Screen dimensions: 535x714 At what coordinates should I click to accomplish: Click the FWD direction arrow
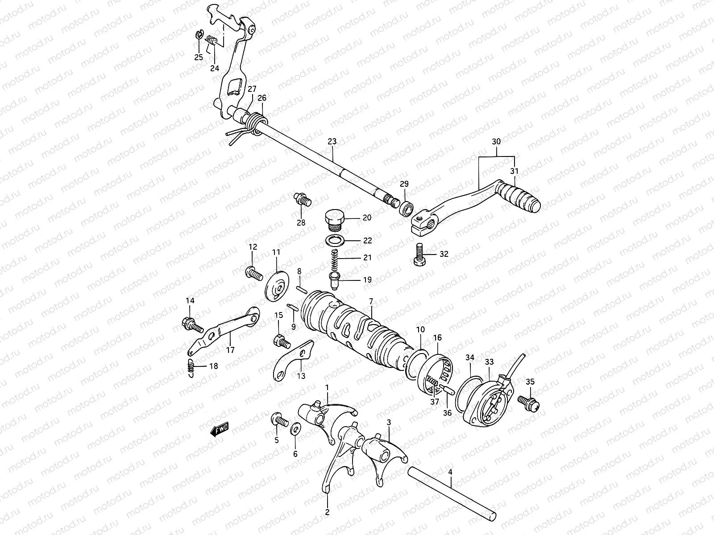[219, 429]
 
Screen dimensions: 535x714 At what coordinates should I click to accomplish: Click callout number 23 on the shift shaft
[332, 142]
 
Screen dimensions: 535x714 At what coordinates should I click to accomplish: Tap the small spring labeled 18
[190, 366]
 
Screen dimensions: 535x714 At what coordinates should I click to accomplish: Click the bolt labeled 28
[302, 199]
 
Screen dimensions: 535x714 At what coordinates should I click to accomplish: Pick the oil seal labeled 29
[405, 208]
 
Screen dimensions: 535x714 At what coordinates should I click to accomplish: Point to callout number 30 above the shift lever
[496, 142]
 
